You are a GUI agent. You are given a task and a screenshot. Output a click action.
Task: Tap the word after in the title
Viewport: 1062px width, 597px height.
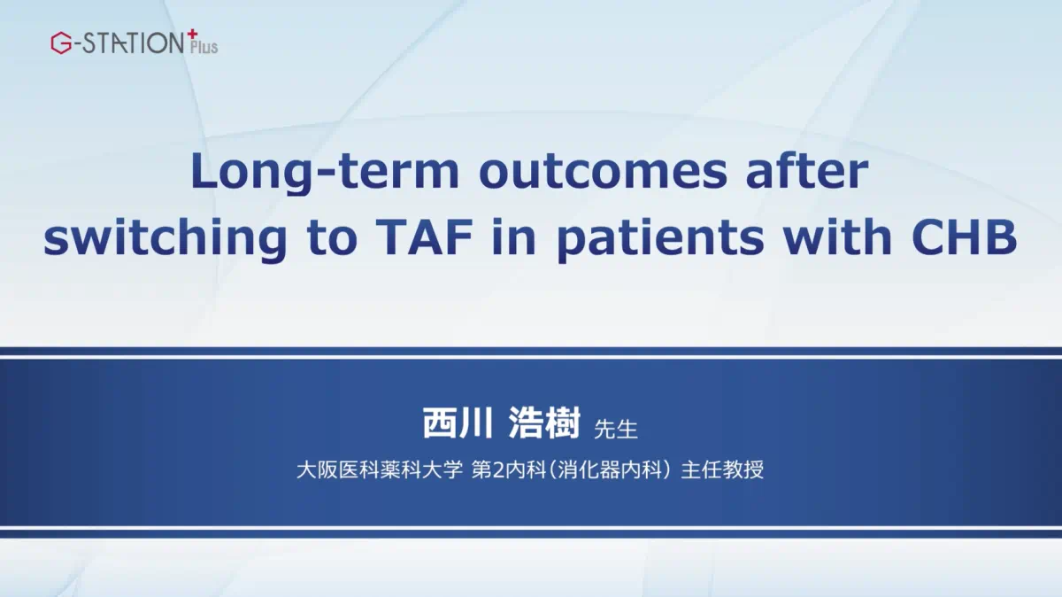click(x=807, y=171)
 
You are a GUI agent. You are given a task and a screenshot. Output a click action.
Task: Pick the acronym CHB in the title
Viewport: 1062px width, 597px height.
click(x=965, y=236)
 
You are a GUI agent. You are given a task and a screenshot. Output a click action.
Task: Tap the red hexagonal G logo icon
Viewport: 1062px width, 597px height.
click(x=61, y=43)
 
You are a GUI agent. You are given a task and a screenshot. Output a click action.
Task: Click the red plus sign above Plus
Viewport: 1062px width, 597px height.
click(x=192, y=35)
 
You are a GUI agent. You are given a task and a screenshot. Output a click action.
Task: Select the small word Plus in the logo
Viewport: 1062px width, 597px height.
click(x=204, y=47)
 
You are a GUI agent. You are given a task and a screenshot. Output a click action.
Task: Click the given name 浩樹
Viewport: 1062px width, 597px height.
click(x=544, y=423)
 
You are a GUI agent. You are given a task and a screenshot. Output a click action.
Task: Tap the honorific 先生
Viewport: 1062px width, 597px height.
click(x=616, y=429)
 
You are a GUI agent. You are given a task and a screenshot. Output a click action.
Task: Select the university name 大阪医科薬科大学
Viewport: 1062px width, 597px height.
click(x=380, y=469)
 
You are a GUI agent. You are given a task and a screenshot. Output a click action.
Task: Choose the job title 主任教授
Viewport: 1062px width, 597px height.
click(x=722, y=469)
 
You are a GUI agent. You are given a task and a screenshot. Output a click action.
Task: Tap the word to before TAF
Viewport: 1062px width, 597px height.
click(x=333, y=237)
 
